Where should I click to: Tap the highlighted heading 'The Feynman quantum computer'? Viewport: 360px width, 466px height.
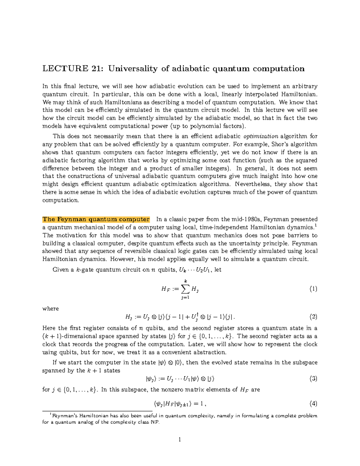[x=96, y=219]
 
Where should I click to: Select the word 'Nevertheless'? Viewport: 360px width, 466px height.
[x=253, y=184]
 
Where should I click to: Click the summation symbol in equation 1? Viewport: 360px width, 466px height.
[x=185, y=289]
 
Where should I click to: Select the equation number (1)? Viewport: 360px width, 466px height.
[x=313, y=289]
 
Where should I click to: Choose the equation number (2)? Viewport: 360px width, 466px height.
[x=313, y=317]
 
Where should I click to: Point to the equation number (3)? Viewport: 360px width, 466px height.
[x=313, y=379]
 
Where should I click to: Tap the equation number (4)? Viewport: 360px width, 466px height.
[x=313, y=404]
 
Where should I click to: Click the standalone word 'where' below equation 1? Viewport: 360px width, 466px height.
[x=50, y=309]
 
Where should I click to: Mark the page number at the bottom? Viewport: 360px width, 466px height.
[x=179, y=440]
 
